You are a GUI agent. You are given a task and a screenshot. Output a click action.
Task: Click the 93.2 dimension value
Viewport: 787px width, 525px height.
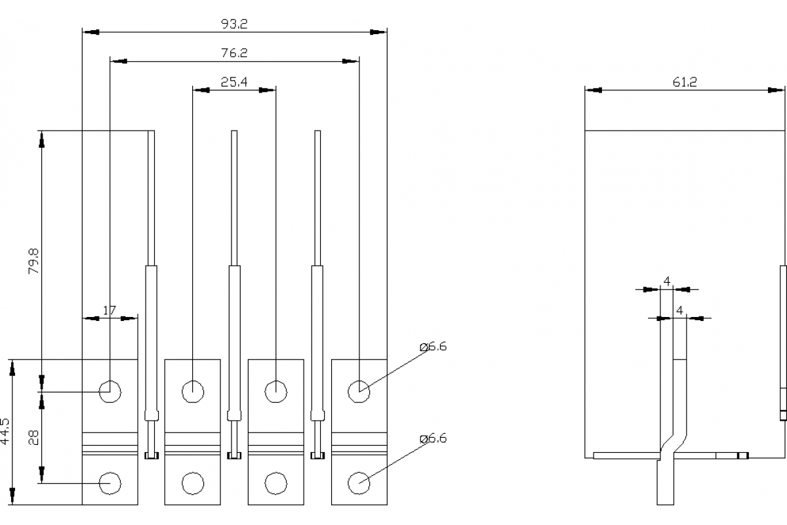(x=235, y=24)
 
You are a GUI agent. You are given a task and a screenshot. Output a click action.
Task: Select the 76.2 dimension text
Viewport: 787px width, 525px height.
(x=235, y=53)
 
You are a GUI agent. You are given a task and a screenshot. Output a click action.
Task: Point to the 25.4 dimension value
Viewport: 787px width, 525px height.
(x=233, y=82)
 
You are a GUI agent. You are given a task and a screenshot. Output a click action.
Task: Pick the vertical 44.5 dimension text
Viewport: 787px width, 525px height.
(x=5, y=432)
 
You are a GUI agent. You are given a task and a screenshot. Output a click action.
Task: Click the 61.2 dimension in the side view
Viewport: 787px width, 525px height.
(x=684, y=82)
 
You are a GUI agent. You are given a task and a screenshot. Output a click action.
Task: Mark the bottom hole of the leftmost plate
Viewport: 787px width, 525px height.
(x=110, y=483)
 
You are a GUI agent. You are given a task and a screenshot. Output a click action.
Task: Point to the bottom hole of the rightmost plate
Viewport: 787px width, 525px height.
(x=359, y=483)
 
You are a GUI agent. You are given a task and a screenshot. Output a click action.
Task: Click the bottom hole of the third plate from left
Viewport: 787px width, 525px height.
(x=276, y=483)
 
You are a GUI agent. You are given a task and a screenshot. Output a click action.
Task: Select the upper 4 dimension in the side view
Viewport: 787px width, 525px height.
(x=667, y=282)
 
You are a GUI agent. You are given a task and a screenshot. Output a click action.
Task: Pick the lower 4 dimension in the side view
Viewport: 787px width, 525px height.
(x=679, y=310)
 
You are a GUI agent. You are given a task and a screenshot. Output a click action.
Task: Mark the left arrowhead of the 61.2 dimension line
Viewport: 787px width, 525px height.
(x=593, y=90)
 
